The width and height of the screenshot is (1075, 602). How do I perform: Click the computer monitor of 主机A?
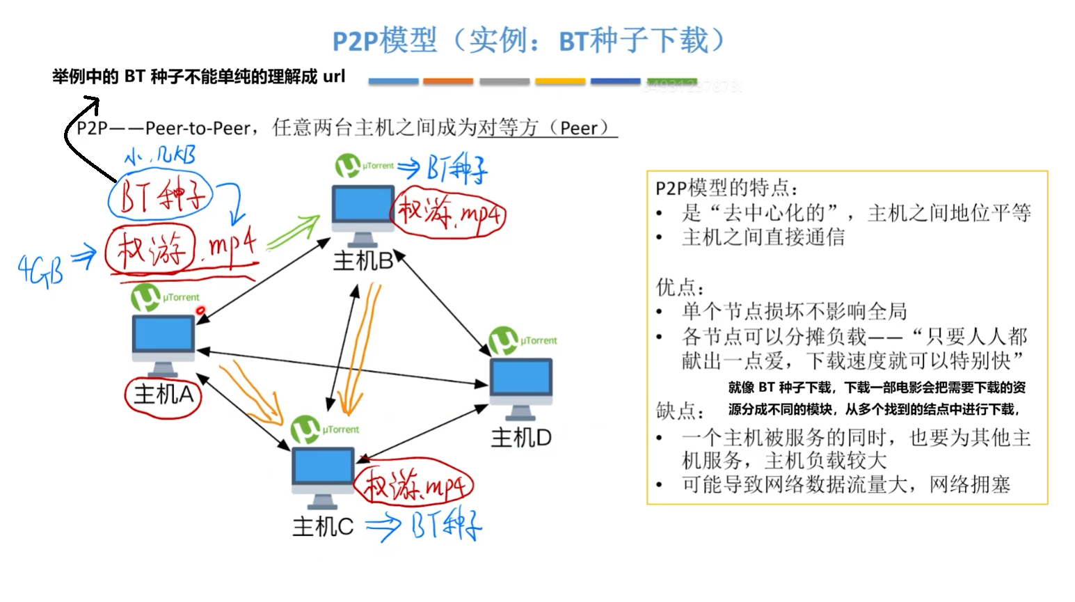pos(164,334)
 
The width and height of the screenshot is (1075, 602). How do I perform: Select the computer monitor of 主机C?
pos(322,466)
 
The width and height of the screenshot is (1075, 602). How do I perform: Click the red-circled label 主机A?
pos(164,395)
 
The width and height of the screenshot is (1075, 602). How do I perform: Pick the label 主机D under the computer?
pos(521,438)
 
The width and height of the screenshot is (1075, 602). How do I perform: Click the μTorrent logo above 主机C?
pos(305,429)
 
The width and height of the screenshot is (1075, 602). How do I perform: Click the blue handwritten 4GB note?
pos(40,270)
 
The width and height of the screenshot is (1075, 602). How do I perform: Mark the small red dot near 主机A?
pos(200,311)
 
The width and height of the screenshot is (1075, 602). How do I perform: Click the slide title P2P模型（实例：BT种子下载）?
pos(529,40)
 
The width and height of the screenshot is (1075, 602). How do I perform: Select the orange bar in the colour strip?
pos(448,81)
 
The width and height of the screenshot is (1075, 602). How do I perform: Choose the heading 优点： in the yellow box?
pos(680,287)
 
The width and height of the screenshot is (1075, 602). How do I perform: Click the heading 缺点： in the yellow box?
pos(680,411)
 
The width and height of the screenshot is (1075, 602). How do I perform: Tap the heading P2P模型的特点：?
pos(727,188)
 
